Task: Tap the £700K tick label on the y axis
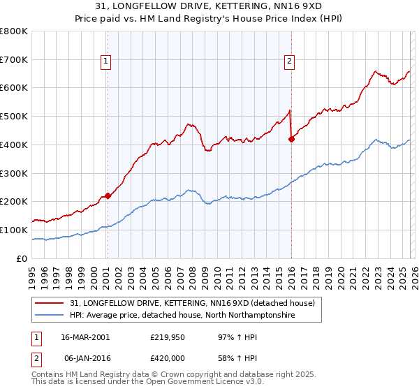tap(14, 59)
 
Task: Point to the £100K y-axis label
tap(14, 230)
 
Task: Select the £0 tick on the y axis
tap(22, 258)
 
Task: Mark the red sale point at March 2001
tap(108, 195)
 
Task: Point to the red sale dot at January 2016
tap(291, 139)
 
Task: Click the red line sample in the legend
tap(50, 303)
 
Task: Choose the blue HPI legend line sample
tap(50, 316)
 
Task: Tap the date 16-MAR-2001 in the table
tap(85, 337)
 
